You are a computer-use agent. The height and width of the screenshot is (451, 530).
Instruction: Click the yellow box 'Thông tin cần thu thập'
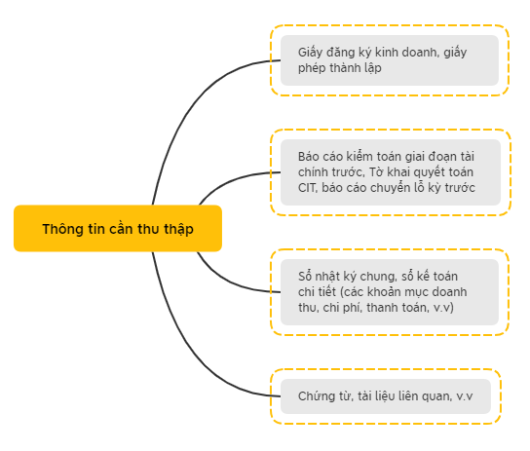pos(118,228)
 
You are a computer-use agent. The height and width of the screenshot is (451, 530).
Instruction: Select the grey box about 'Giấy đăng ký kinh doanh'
pos(390,60)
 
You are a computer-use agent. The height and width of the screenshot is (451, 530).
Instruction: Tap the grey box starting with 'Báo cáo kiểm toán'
pos(391,172)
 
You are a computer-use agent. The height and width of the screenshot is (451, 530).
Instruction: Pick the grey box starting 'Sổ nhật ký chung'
pos(390,292)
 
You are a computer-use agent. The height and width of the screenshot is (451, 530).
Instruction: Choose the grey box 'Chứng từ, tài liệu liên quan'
pos(386,396)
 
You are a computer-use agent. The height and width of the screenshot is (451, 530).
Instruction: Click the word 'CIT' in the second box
pos(307,188)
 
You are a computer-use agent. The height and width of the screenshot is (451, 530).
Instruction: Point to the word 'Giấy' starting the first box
pos(310,53)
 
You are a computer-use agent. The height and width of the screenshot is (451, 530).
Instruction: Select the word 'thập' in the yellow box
pos(179,229)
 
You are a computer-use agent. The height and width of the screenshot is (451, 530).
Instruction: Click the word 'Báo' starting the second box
pos(309,157)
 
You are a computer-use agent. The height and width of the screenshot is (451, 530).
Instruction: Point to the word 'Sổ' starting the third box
pos(304,277)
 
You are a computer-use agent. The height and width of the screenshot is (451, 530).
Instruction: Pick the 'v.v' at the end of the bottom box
pos(465,396)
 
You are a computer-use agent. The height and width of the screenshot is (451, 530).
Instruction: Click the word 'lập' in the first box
pos(373,68)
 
